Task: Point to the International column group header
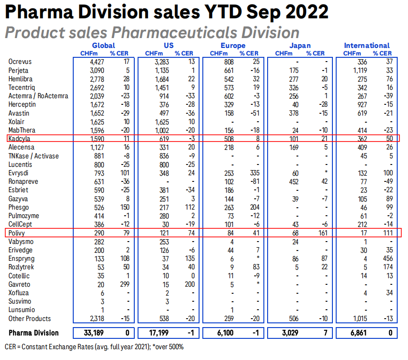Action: (x=367, y=46)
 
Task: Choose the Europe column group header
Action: (x=233, y=46)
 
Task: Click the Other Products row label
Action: (x=29, y=318)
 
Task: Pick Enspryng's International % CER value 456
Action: (x=385, y=258)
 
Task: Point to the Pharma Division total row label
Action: (x=34, y=333)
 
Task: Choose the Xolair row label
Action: (x=18, y=121)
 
